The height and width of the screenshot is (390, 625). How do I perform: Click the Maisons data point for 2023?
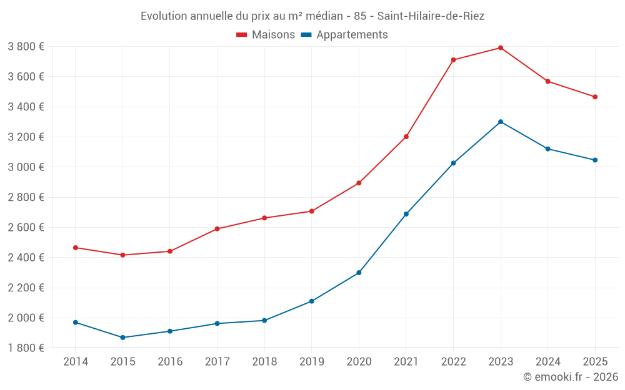tap(501, 48)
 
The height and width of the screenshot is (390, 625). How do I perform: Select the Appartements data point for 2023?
tap(501, 122)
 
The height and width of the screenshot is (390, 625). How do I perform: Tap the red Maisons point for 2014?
tap(76, 248)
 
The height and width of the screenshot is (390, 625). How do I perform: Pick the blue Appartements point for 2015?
tap(122, 338)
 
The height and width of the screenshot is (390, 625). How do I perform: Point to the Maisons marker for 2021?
tap(406, 137)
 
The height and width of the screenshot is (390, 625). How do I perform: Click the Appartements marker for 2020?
tap(359, 273)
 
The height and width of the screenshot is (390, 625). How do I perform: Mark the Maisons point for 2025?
tap(595, 97)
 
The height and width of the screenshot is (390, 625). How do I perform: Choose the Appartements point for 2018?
tap(264, 321)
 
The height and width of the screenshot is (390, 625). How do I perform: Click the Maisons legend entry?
tap(266, 35)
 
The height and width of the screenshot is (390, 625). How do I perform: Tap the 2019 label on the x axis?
tap(311, 362)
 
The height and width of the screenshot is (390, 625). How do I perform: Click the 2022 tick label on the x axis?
tap(453, 362)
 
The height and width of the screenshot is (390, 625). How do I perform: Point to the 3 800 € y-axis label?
tap(26, 47)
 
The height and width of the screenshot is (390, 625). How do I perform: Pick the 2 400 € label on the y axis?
tap(26, 258)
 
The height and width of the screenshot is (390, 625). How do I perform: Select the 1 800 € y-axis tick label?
tap(26, 348)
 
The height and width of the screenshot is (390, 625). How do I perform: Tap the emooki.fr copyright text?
tap(570, 377)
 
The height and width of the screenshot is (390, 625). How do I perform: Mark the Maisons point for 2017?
tap(217, 229)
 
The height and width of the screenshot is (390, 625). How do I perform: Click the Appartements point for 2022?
tap(453, 163)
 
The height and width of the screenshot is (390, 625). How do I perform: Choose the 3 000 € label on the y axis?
tap(26, 167)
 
